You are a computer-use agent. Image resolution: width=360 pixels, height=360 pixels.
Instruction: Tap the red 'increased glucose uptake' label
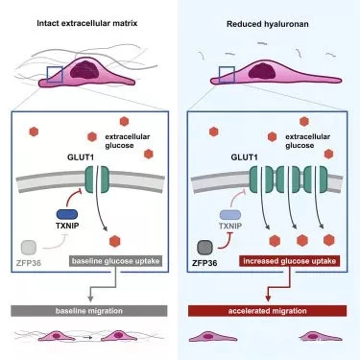(x=295, y=260)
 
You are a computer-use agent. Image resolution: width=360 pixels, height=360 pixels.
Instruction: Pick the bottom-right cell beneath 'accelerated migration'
(x=319, y=337)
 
